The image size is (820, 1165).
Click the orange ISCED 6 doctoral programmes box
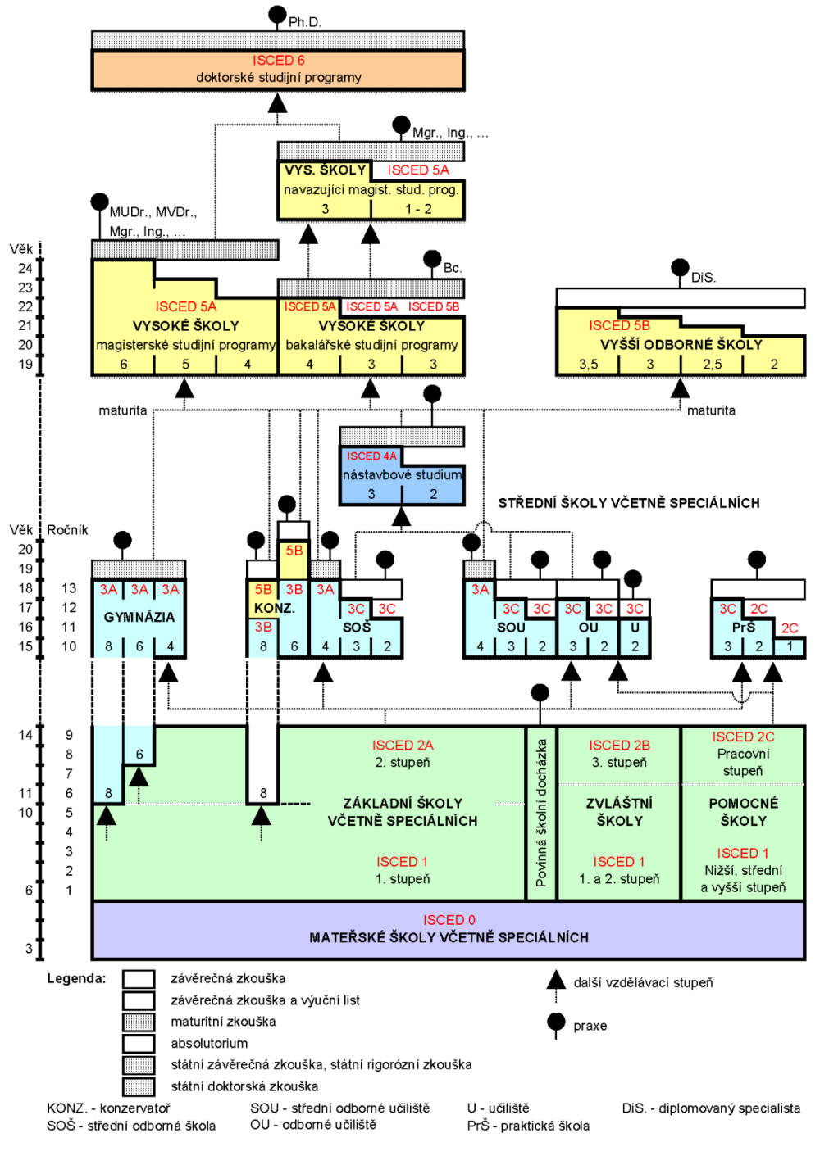[x=278, y=70]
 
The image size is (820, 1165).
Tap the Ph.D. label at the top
[x=304, y=22]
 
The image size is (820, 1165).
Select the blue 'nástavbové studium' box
[x=402, y=475]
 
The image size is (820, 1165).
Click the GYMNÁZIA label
[x=139, y=617]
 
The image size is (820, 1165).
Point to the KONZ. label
[x=274, y=609]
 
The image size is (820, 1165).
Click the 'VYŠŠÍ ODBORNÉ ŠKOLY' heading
[x=681, y=345]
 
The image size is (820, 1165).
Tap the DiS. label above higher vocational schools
[x=703, y=278]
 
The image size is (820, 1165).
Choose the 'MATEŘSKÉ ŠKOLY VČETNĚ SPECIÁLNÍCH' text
[x=449, y=937]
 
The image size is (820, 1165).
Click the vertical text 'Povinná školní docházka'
[x=541, y=813]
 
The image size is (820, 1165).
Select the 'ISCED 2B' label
[x=619, y=745]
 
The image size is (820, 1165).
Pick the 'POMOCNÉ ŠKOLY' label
[x=743, y=812]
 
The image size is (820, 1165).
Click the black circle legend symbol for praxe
[x=556, y=1022]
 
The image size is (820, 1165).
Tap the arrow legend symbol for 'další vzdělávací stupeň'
[x=556, y=980]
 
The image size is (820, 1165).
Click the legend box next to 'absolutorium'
[x=139, y=1043]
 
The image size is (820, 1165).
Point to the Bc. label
[x=453, y=268]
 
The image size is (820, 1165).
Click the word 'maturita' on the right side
[x=711, y=410]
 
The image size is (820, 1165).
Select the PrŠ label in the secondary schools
[x=743, y=628]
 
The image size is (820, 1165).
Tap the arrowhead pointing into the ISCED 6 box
[x=278, y=102]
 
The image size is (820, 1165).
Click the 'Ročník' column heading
[x=67, y=530]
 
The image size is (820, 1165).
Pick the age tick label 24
[x=25, y=268]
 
